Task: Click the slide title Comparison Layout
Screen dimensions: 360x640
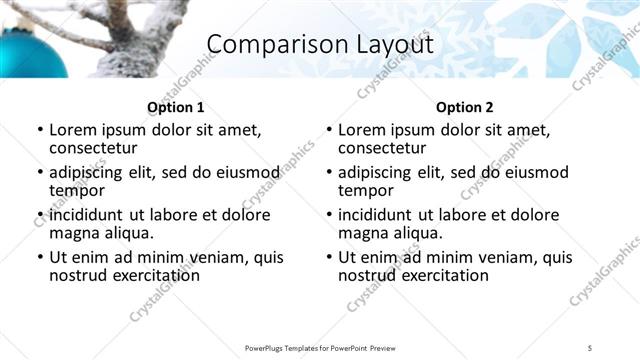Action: coord(319,45)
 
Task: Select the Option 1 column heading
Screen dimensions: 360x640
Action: coord(175,107)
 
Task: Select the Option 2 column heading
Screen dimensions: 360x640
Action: coord(464,107)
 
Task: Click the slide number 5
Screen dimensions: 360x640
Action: coord(590,347)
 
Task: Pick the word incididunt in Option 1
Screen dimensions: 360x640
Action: coord(87,215)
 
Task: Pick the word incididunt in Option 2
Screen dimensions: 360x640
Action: coord(376,215)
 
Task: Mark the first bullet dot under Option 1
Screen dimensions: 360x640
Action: coord(39,130)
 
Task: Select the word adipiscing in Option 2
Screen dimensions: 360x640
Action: coord(378,172)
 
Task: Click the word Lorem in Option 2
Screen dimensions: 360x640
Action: coord(361,129)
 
